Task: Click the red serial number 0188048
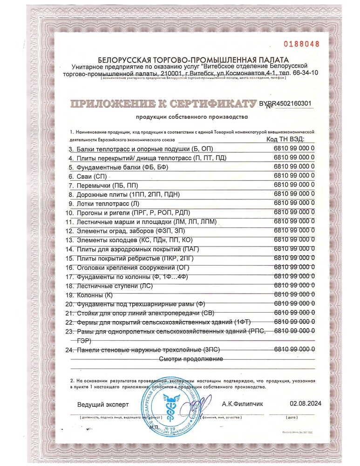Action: coord(302,44)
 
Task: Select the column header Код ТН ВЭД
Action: coord(285,139)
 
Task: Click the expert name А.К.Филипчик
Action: coord(242,404)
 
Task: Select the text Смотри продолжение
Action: coord(191,359)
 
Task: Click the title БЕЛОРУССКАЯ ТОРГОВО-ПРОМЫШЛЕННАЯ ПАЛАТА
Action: coord(193,60)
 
